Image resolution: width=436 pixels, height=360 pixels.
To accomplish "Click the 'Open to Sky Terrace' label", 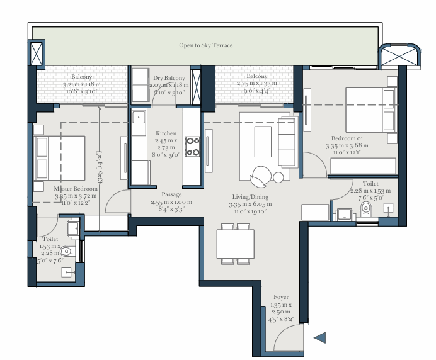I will point(205,45).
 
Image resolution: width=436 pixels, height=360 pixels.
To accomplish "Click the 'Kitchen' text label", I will point(166,133).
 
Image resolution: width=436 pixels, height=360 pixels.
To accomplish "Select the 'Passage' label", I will point(171,194).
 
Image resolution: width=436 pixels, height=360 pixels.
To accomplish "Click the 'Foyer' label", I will point(281,297).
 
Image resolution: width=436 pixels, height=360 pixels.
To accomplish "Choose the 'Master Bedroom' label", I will point(76,188).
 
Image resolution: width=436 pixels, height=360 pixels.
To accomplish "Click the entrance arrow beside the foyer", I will point(319,338).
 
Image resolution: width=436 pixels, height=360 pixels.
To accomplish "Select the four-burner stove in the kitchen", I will point(193,147).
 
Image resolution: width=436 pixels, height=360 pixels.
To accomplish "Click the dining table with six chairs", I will point(235,242).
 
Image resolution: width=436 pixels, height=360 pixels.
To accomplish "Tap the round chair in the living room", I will point(261,173).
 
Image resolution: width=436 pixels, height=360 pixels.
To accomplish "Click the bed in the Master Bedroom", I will point(60,157).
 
